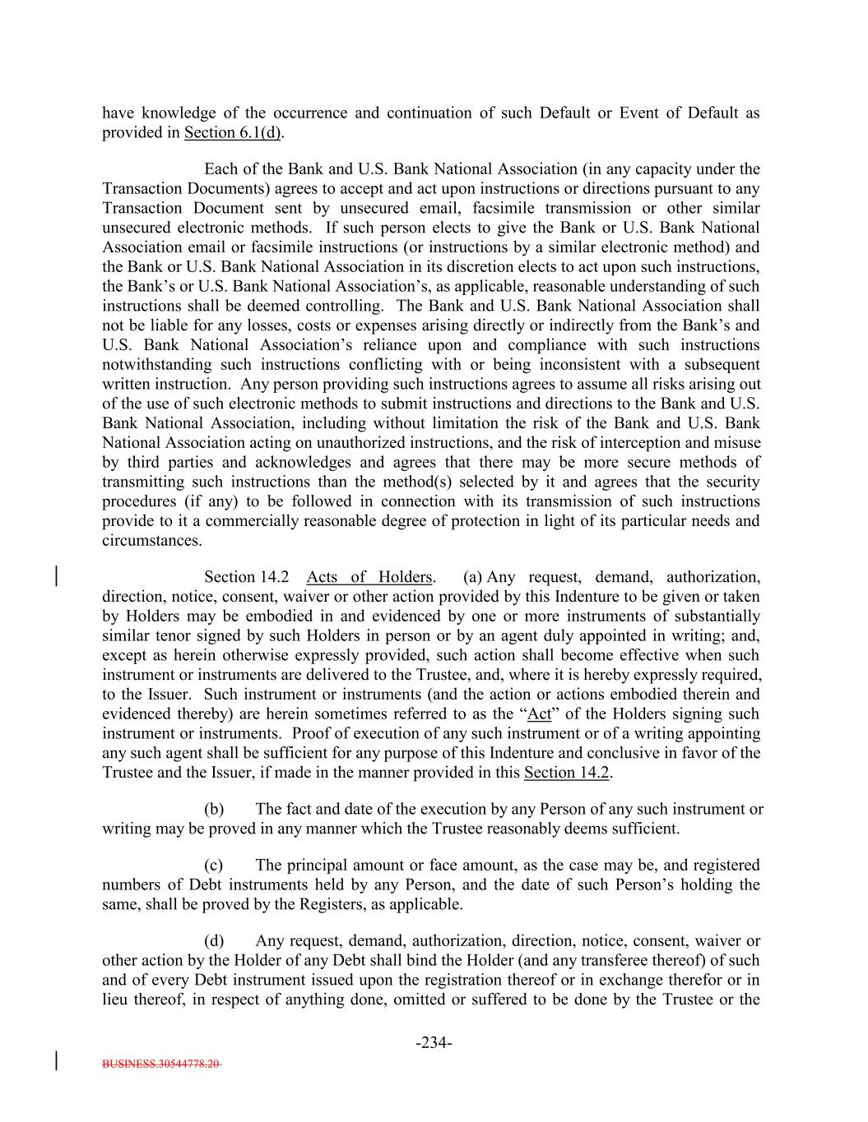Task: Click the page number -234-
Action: [434, 1043]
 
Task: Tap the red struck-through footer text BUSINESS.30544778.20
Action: [161, 1064]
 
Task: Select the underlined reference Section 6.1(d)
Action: [233, 133]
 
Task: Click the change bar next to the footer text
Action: [56, 1060]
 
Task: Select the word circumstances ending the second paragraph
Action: [151, 541]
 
